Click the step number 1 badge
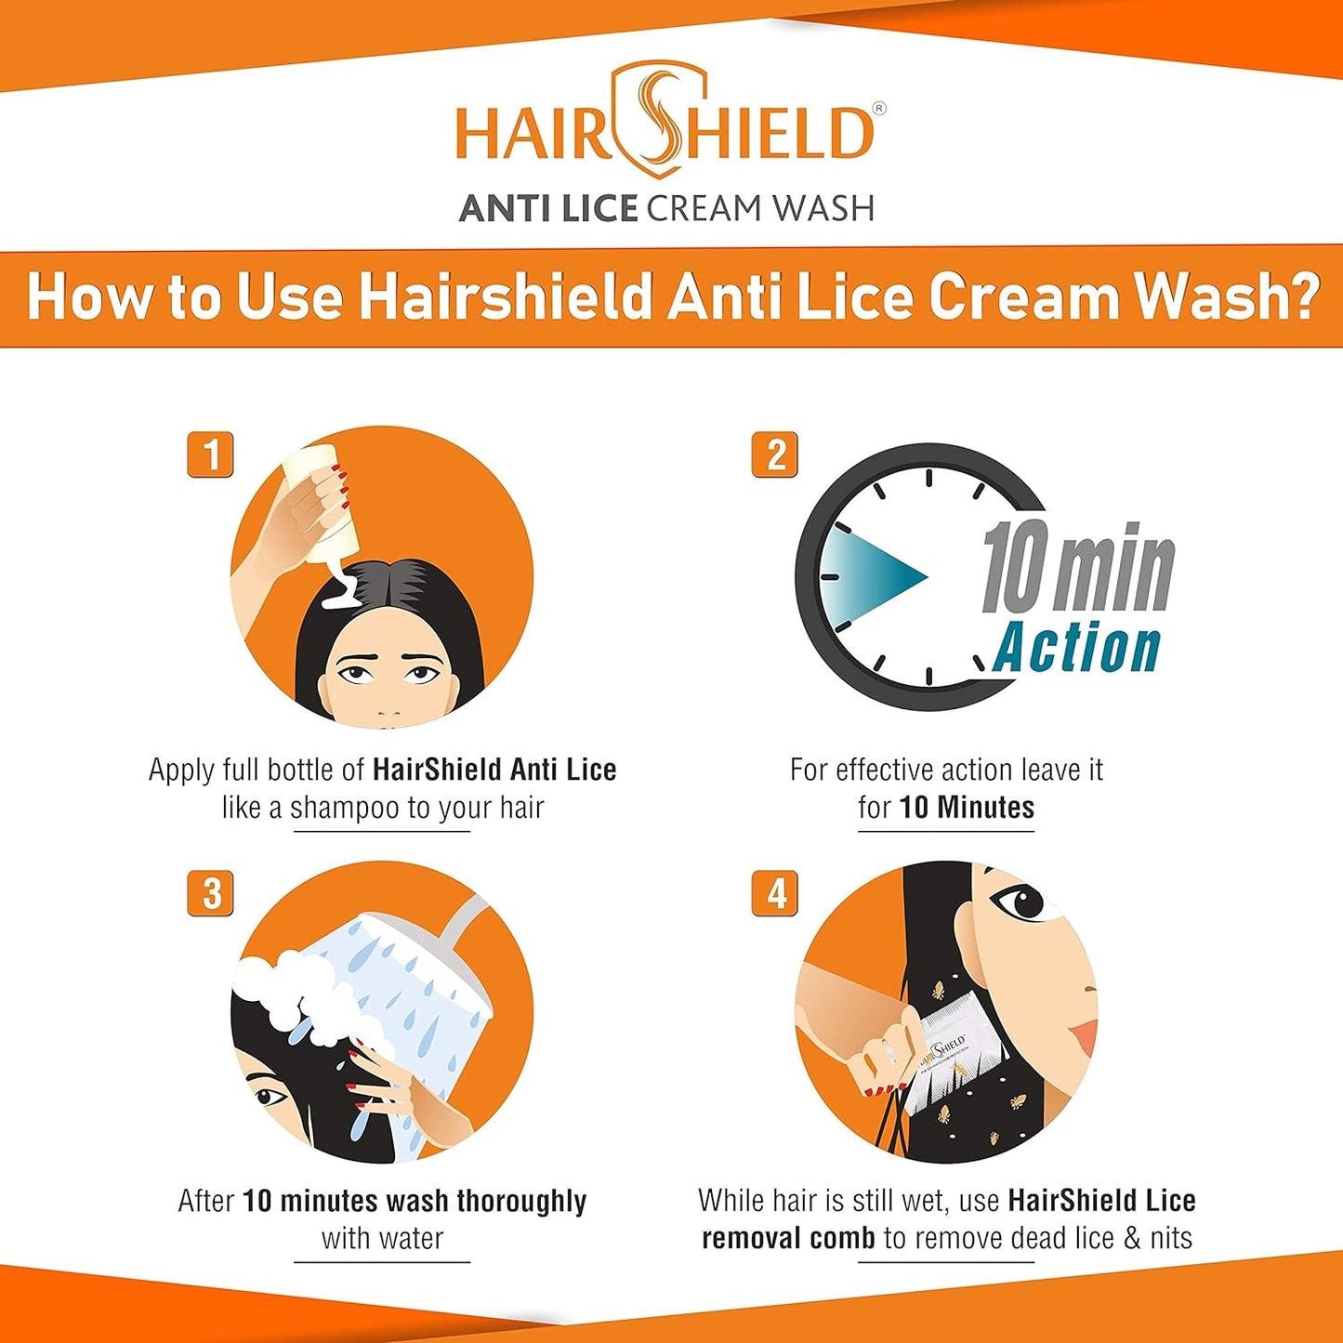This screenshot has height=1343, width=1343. [210, 455]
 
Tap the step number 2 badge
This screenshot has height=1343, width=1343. [774, 455]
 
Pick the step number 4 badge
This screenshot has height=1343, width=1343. [774, 893]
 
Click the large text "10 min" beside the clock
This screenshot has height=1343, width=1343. [1078, 569]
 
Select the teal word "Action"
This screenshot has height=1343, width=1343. [1078, 648]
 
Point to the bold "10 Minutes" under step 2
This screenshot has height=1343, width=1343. [967, 808]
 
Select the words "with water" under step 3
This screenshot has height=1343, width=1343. [382, 1239]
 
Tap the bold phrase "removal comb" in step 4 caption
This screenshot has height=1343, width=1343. [788, 1239]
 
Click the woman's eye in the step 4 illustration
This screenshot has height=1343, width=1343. [1020, 902]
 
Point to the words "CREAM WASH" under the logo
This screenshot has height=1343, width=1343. [760, 209]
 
